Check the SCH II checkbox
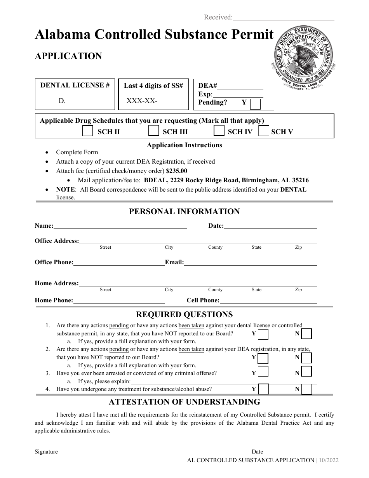88,131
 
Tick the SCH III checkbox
154,131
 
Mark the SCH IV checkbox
219,131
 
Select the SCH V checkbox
264,131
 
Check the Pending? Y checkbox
255,104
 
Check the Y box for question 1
263,334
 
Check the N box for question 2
307,358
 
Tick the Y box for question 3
263,372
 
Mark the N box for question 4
307,389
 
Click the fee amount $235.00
176,171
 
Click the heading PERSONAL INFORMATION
184,211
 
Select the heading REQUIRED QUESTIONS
184,314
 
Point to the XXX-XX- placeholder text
142,101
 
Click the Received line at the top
284,18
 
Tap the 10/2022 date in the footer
329,460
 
